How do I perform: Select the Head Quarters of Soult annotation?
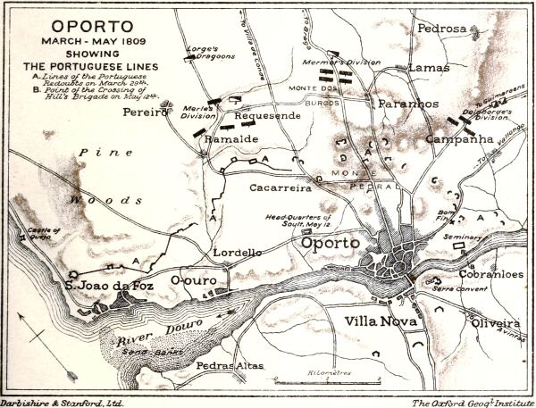pos(302,221)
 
